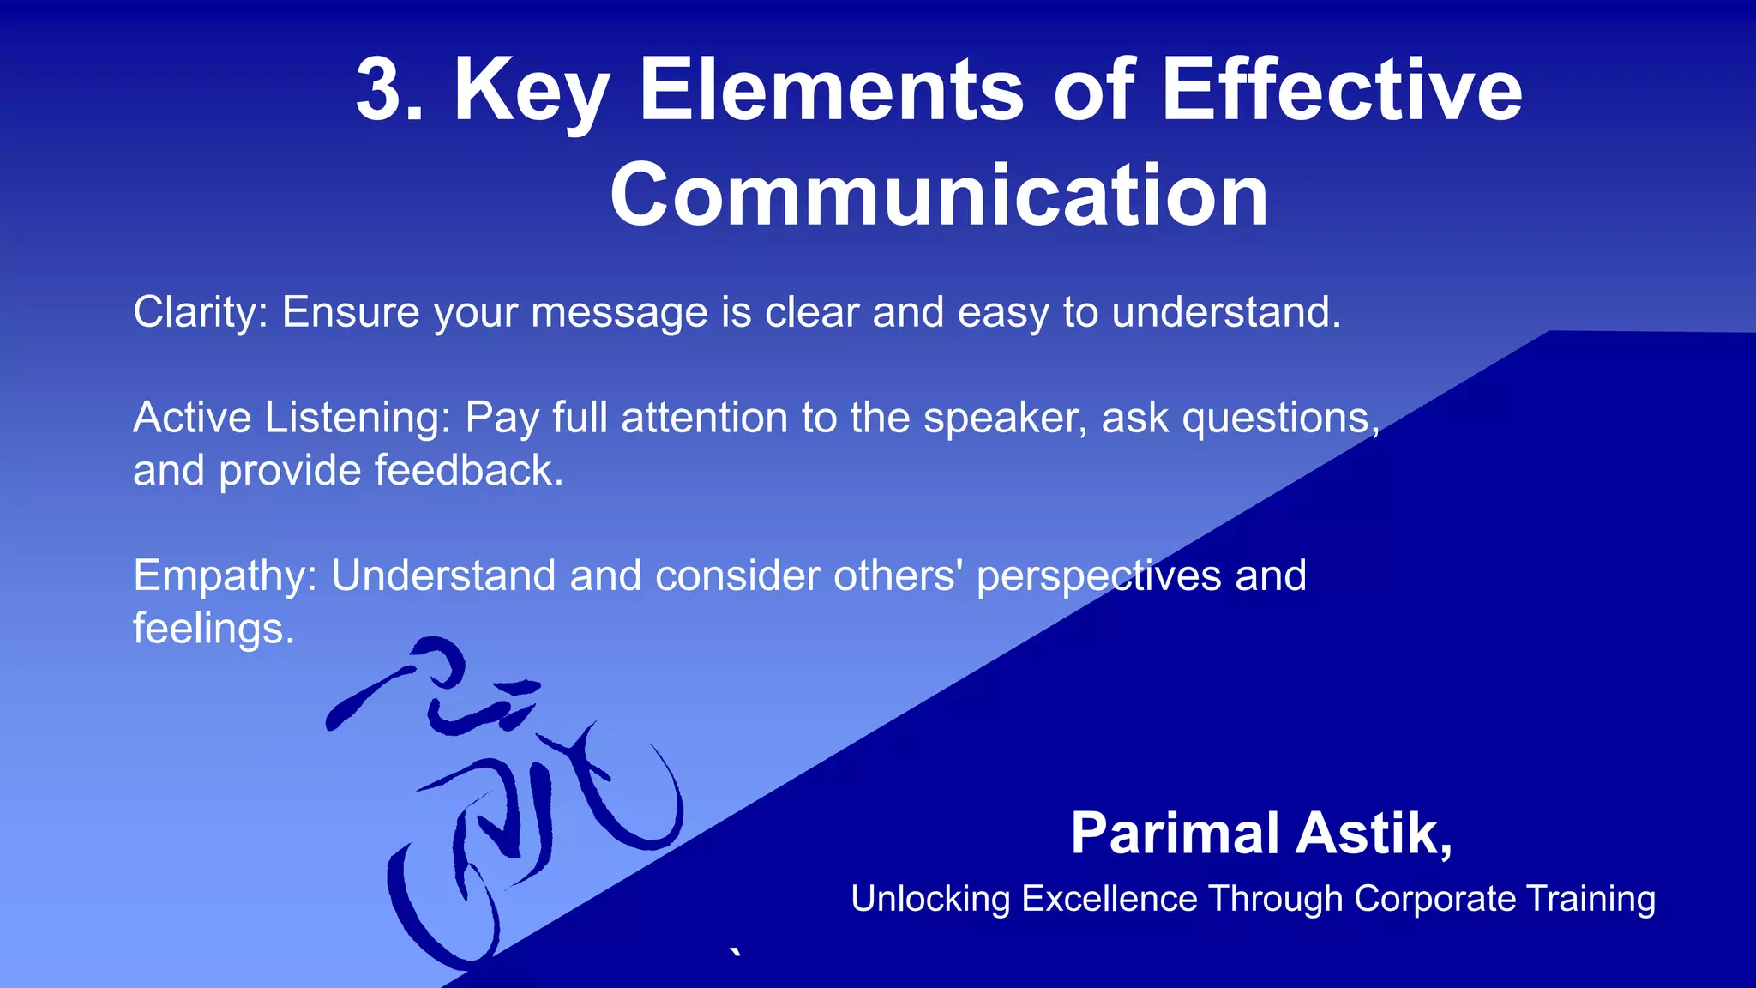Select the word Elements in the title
click(x=831, y=90)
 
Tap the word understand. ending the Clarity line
click(x=1226, y=312)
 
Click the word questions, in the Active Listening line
click(x=1281, y=419)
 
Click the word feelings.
click(x=213, y=629)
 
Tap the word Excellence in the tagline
click(x=1109, y=900)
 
